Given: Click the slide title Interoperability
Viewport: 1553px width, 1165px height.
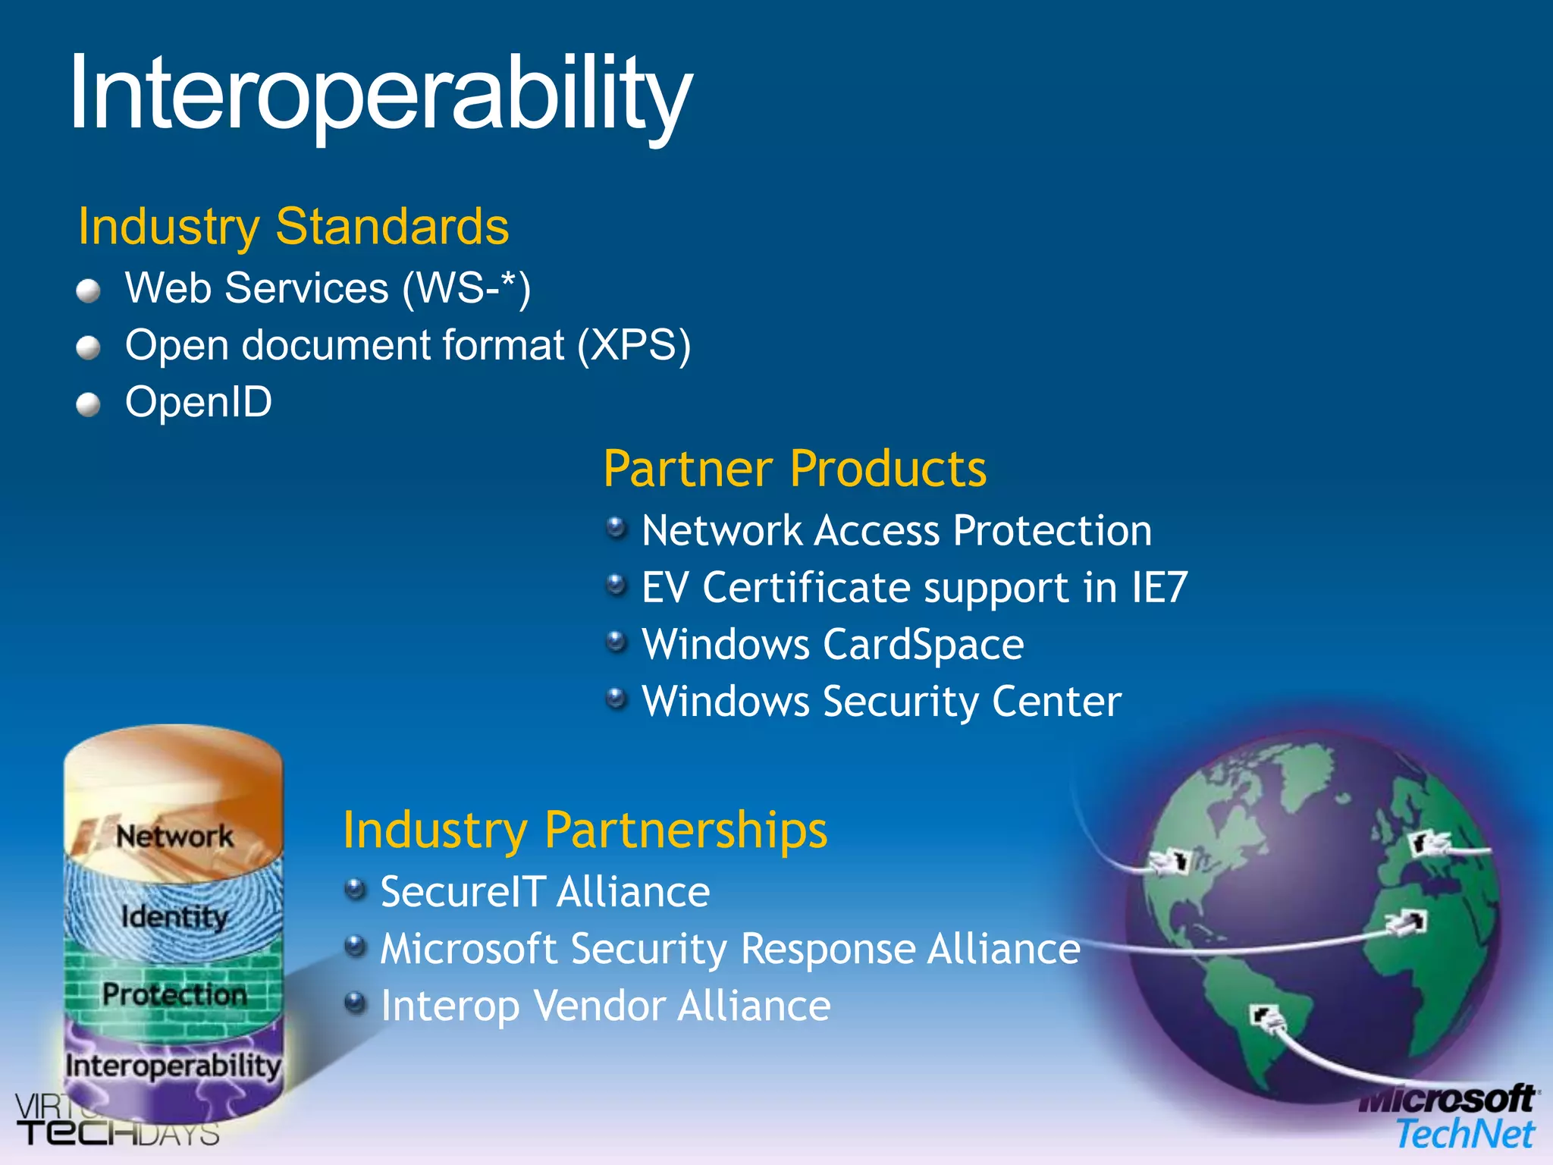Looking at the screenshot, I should click(x=381, y=95).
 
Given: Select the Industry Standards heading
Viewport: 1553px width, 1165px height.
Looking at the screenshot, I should click(x=293, y=226).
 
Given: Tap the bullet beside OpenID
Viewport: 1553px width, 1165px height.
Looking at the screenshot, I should click(x=89, y=405).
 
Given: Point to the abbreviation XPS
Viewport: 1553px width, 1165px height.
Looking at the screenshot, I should click(x=633, y=346).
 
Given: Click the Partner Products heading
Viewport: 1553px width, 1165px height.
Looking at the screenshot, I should click(x=795, y=469).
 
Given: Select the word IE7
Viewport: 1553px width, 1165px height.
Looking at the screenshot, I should click(x=1159, y=588).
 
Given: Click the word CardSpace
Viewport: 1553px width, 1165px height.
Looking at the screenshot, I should click(x=924, y=645).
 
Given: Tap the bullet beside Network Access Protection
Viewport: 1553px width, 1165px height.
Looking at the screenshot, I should click(x=617, y=527).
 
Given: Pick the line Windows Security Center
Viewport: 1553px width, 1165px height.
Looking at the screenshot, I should click(x=881, y=702).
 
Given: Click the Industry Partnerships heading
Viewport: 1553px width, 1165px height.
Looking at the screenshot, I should click(x=585, y=830).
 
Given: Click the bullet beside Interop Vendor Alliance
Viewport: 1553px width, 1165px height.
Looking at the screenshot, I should click(x=355, y=1004).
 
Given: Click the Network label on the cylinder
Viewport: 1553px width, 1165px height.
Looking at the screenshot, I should click(x=174, y=837).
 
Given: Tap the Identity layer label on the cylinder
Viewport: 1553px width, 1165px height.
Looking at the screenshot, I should click(x=174, y=917).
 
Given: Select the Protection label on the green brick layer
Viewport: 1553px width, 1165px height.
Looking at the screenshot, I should click(x=174, y=994).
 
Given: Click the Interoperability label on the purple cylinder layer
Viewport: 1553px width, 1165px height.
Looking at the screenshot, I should click(x=173, y=1066).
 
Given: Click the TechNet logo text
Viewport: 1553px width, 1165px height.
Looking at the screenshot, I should click(x=1465, y=1135).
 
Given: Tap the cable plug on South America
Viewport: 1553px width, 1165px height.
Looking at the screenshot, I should click(x=1266, y=1016).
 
